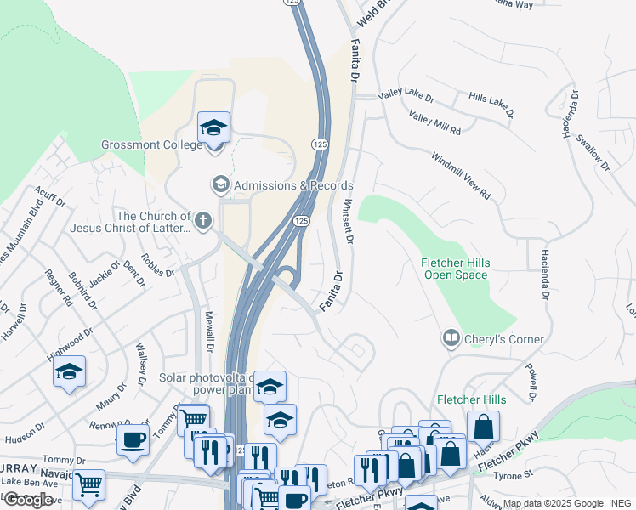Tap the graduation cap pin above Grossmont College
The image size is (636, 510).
[214, 129]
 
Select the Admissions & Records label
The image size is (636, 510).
[292, 185]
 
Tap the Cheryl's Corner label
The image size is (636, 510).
[503, 339]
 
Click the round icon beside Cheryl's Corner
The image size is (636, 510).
[450, 339]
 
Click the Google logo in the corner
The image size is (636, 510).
[27, 499]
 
